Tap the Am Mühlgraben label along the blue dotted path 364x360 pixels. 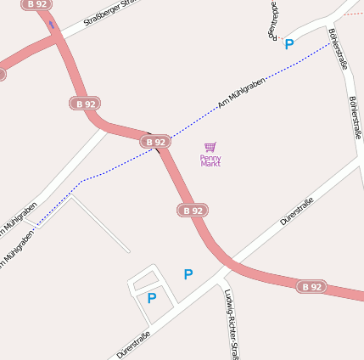click(242, 93)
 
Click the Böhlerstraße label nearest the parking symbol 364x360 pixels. click(338, 49)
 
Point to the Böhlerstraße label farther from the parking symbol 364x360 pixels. click(355, 116)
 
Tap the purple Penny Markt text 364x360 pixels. click(210, 160)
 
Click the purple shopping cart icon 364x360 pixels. click(210, 147)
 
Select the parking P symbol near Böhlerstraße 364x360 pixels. click(288, 44)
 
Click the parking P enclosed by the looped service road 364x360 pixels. click(151, 298)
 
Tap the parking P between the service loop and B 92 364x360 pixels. click(188, 274)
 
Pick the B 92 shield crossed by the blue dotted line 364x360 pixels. click(154, 142)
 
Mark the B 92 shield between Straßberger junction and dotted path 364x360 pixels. click(85, 104)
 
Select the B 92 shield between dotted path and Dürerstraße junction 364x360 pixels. click(193, 210)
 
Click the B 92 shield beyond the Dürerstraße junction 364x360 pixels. click(311, 287)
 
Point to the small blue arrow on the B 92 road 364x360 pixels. click(52, 25)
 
